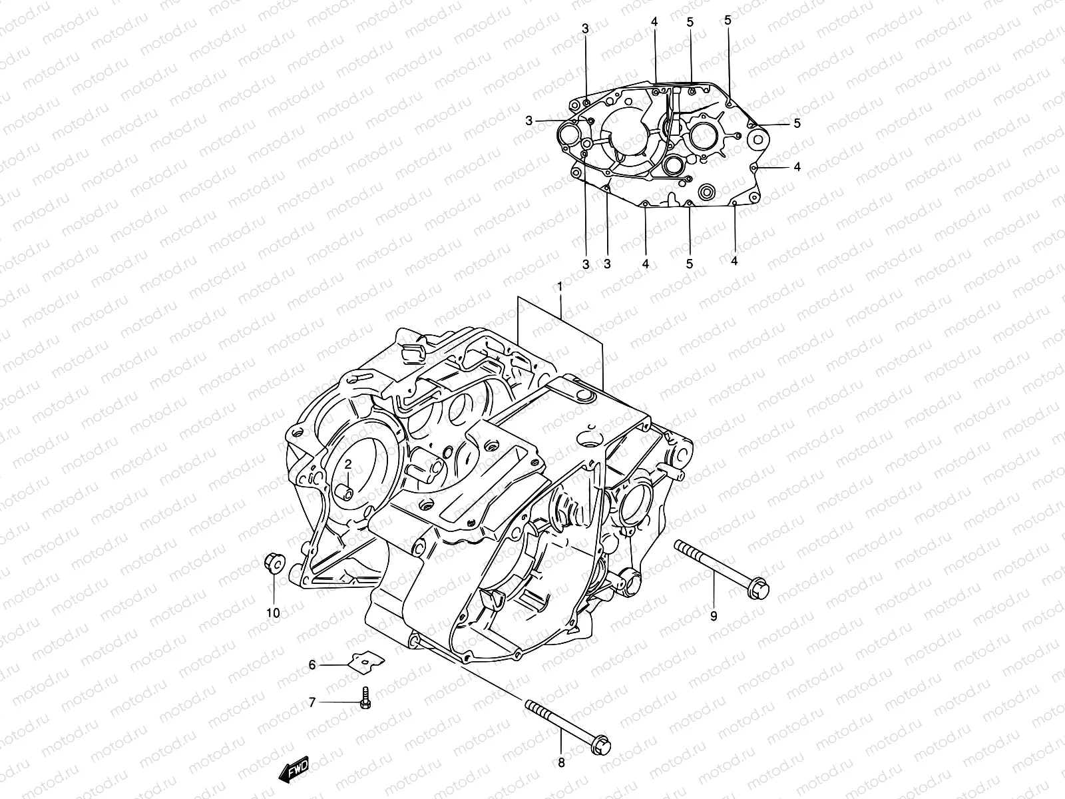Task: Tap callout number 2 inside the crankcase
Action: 347,463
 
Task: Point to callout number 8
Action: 561,763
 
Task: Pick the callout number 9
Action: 714,616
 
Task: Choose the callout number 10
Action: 274,612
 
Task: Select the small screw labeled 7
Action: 365,697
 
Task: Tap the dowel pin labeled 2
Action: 345,494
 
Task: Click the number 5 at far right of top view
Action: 797,123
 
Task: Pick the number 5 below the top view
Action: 690,264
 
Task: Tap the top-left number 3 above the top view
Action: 585,29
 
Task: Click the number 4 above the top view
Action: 654,22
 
